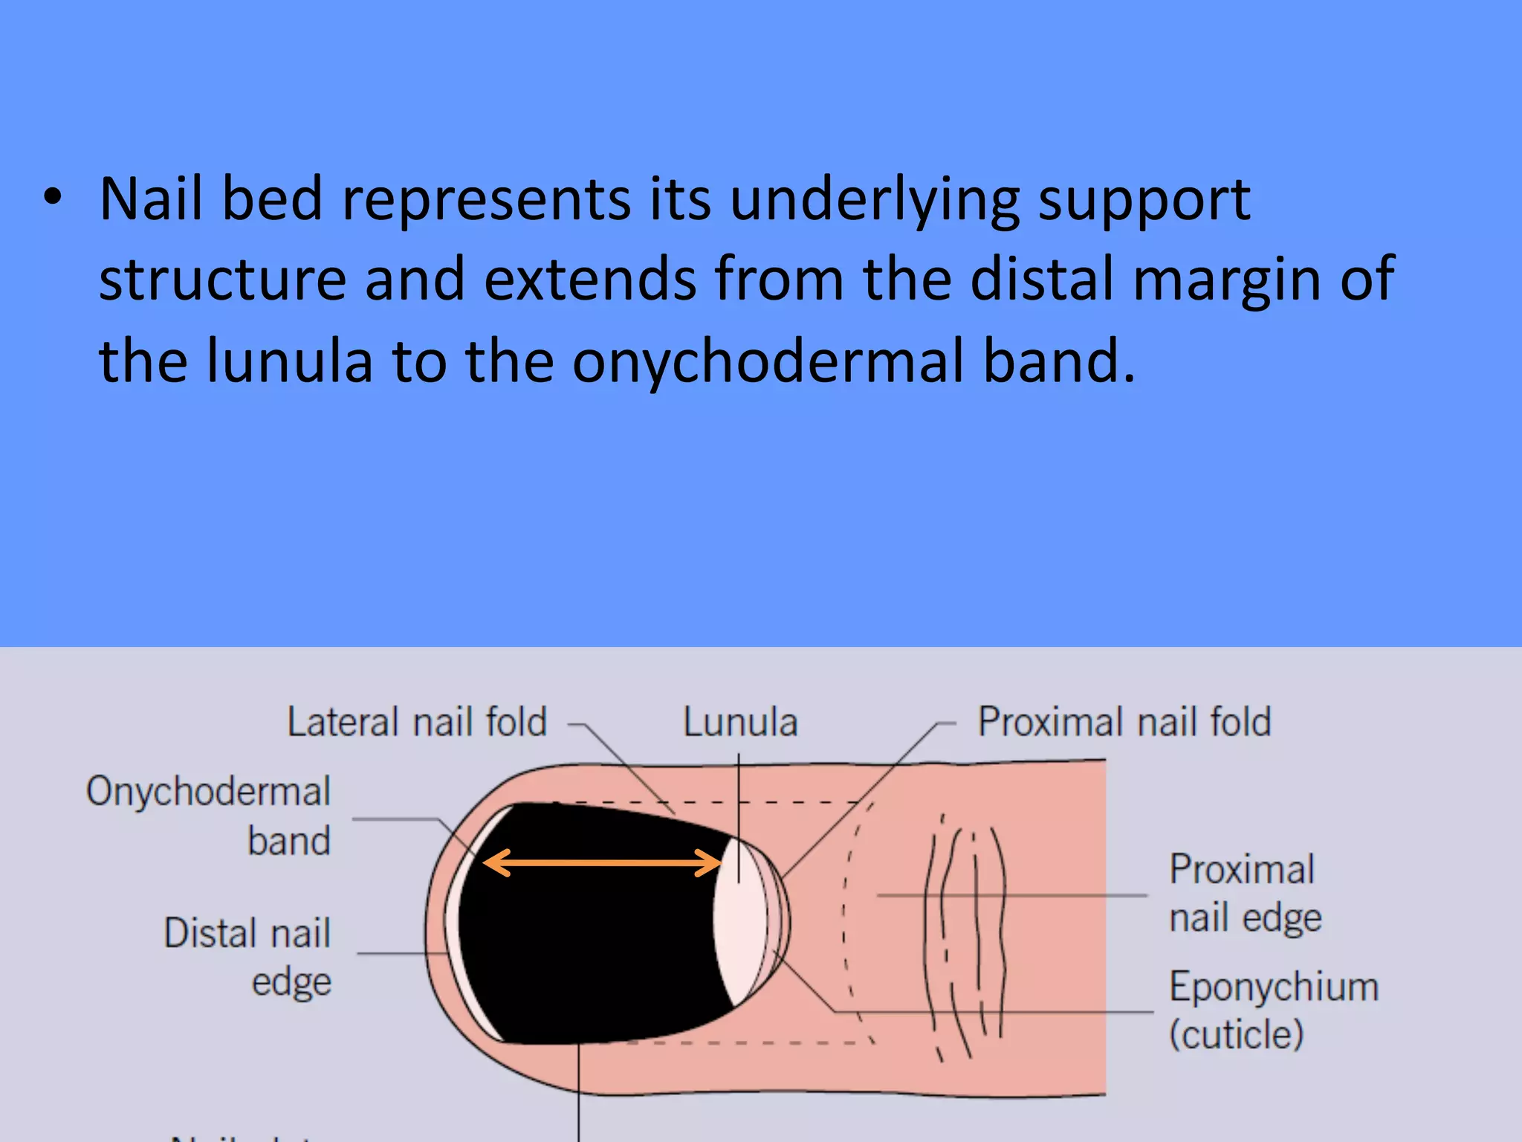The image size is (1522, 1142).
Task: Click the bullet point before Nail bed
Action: [52, 199]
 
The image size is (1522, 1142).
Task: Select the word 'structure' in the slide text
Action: [223, 280]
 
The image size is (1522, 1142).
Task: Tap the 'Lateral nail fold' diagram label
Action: [417, 722]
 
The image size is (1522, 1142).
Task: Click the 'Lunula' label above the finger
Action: [740, 723]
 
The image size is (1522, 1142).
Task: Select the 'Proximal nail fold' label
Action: [1124, 722]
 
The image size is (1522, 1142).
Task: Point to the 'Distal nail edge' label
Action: [248, 957]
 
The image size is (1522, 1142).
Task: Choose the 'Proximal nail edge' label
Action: [1245, 893]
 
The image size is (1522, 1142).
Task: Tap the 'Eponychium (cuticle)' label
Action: [1273, 1010]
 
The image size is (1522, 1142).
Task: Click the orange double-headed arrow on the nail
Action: [602, 863]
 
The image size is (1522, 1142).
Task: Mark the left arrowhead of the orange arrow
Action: [493, 863]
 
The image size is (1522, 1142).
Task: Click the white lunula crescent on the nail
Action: [740, 922]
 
